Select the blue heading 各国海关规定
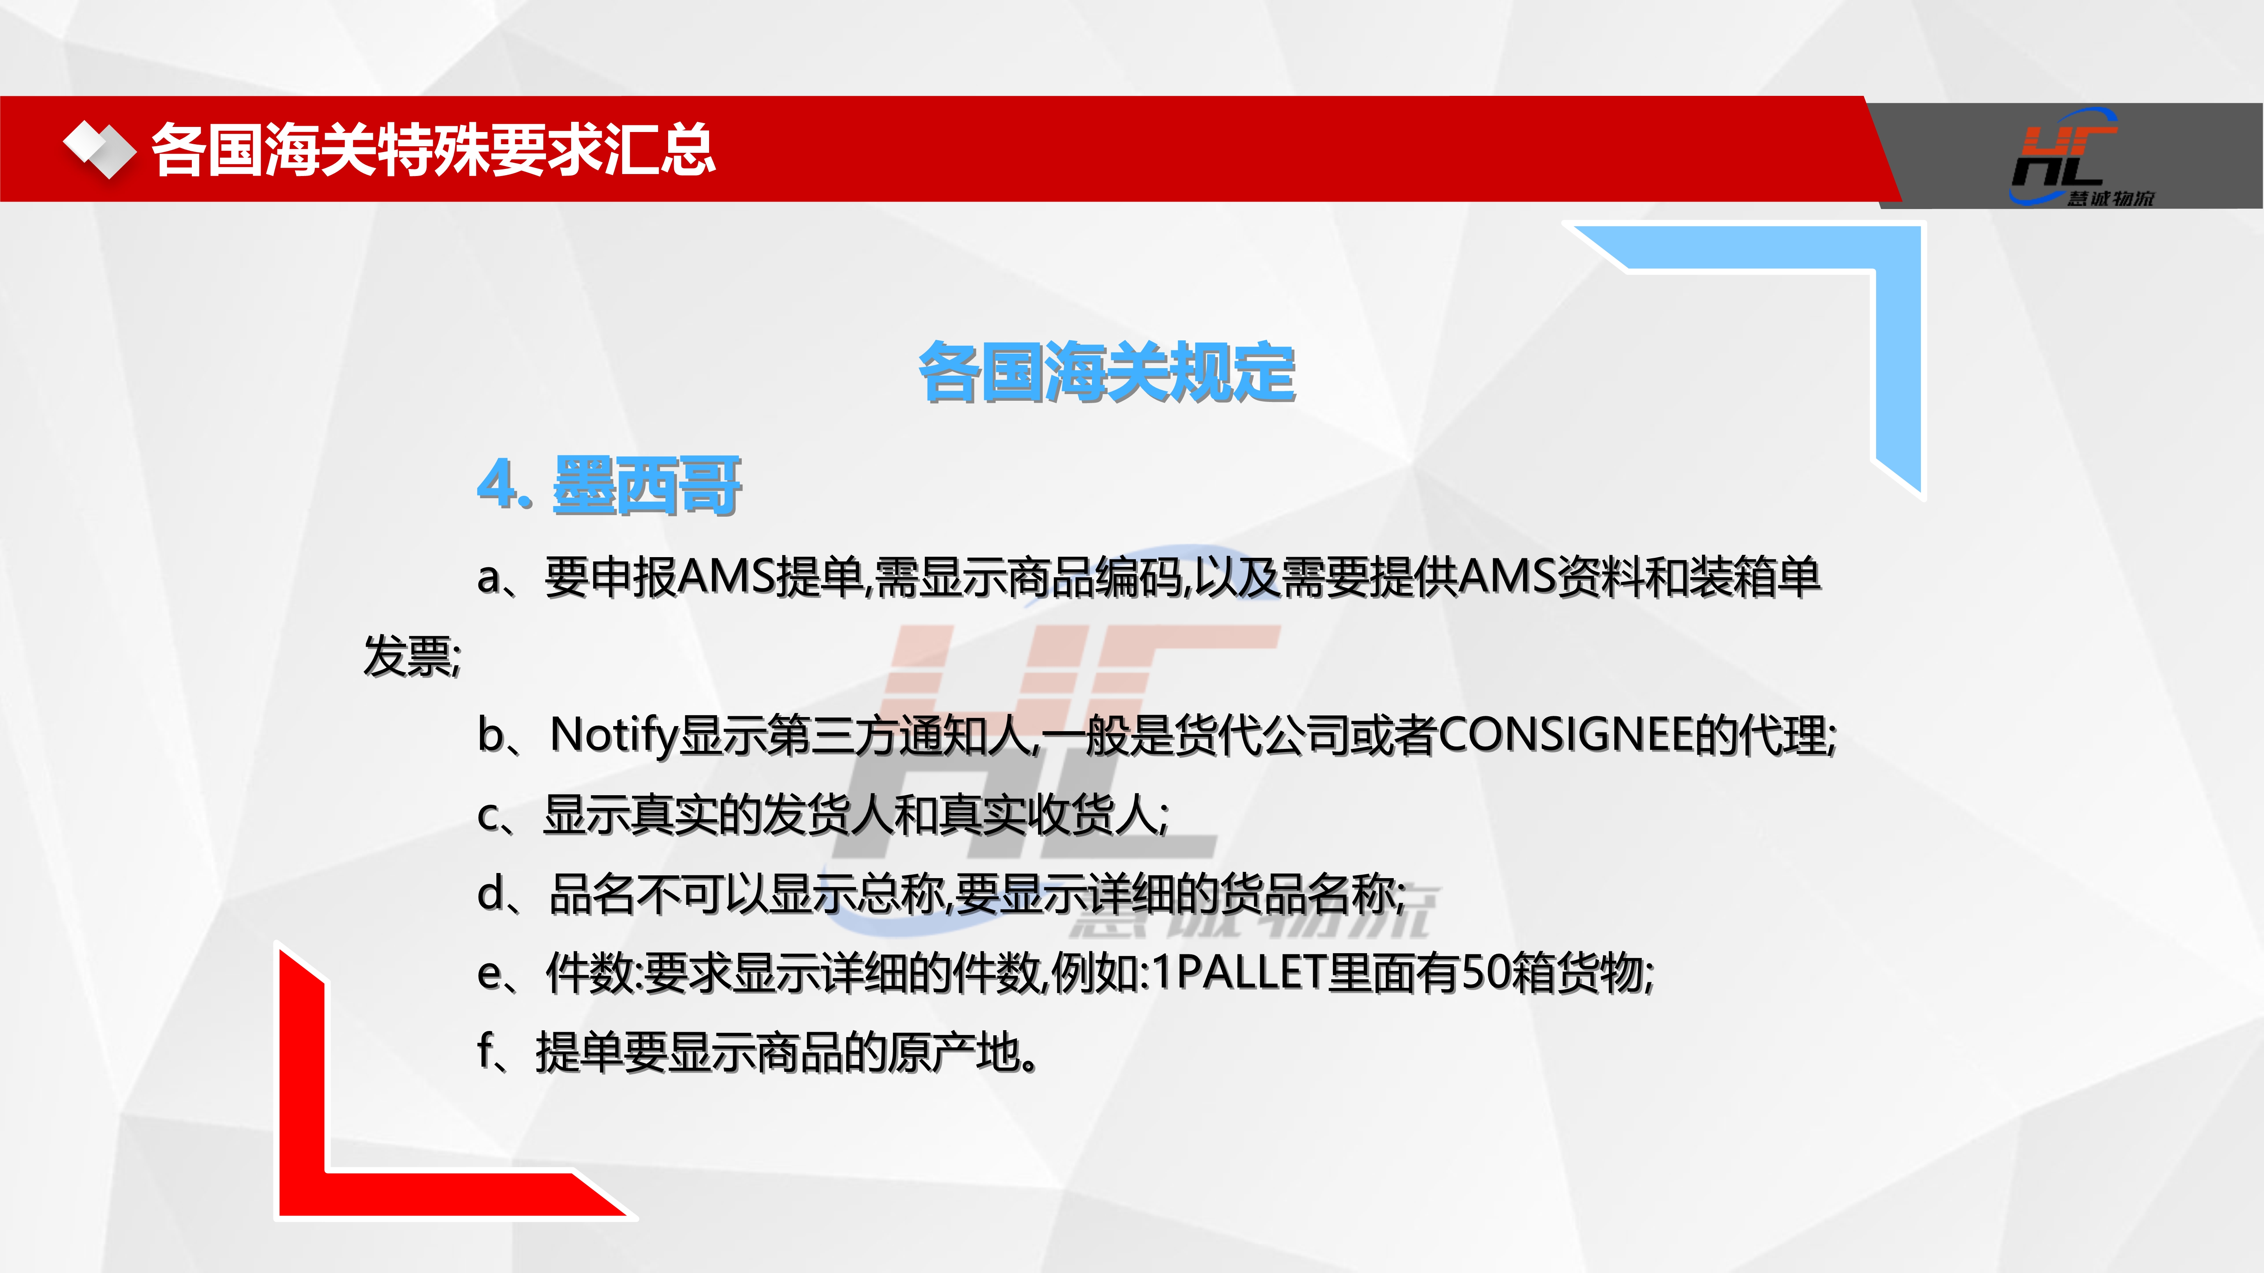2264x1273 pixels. (x=1106, y=372)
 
